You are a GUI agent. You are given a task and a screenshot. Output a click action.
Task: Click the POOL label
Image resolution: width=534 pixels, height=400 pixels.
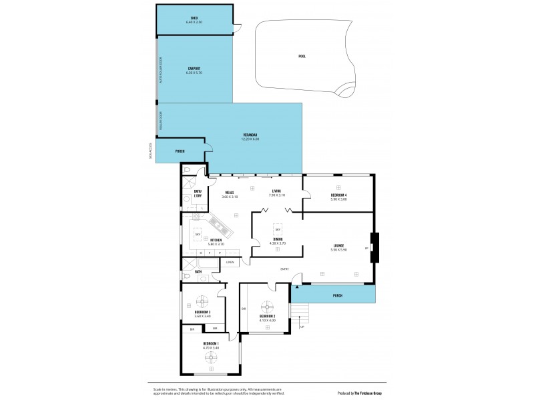(302, 56)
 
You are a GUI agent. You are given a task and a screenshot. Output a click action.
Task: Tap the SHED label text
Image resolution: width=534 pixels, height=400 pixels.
(194, 17)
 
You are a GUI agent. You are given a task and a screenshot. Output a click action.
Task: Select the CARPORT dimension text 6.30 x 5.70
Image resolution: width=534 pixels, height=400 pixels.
(194, 72)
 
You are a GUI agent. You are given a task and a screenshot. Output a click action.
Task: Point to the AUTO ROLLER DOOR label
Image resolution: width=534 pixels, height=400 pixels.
(160, 69)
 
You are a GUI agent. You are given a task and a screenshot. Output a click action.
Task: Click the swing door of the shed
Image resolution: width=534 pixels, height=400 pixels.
(236, 28)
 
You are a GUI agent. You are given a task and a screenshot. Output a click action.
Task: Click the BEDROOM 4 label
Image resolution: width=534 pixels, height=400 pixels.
(339, 195)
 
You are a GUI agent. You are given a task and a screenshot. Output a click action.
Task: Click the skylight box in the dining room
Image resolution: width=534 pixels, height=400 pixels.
(277, 228)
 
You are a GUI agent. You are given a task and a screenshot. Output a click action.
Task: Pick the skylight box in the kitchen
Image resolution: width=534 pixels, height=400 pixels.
(198, 235)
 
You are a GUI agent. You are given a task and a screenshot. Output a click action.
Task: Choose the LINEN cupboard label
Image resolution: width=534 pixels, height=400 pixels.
(230, 262)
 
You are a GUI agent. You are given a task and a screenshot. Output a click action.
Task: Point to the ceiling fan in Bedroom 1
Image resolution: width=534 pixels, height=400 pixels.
(211, 358)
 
